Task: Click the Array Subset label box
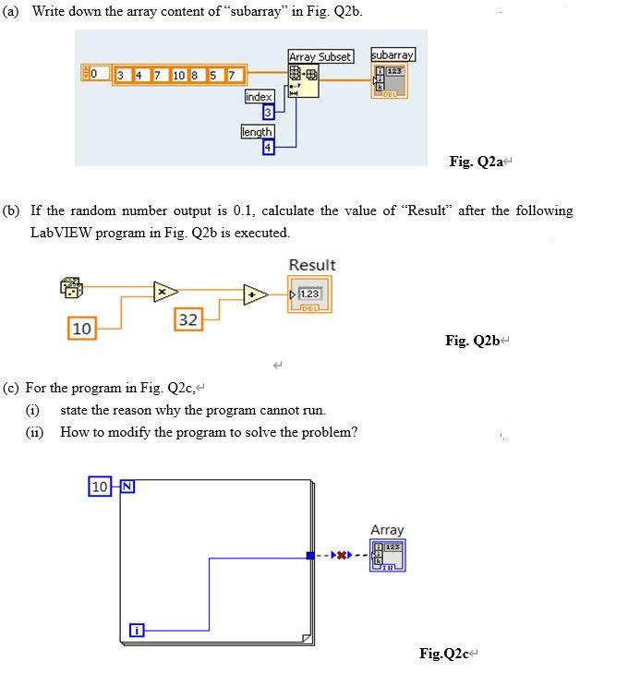coord(320,56)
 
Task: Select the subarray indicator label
coord(392,54)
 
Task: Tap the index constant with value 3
coord(268,113)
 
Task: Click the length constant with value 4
coord(269,147)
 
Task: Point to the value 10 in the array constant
coord(178,74)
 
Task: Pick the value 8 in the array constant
coord(195,74)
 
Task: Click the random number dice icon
coord(72,288)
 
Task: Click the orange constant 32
coord(187,320)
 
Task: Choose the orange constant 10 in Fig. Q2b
coord(81,328)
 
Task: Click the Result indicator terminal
coord(309,295)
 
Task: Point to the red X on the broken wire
coord(343,556)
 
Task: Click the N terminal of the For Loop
coord(126,486)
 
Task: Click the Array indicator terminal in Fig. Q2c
coord(387,555)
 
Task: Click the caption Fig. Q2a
coord(475,162)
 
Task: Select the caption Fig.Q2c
coord(445,654)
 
